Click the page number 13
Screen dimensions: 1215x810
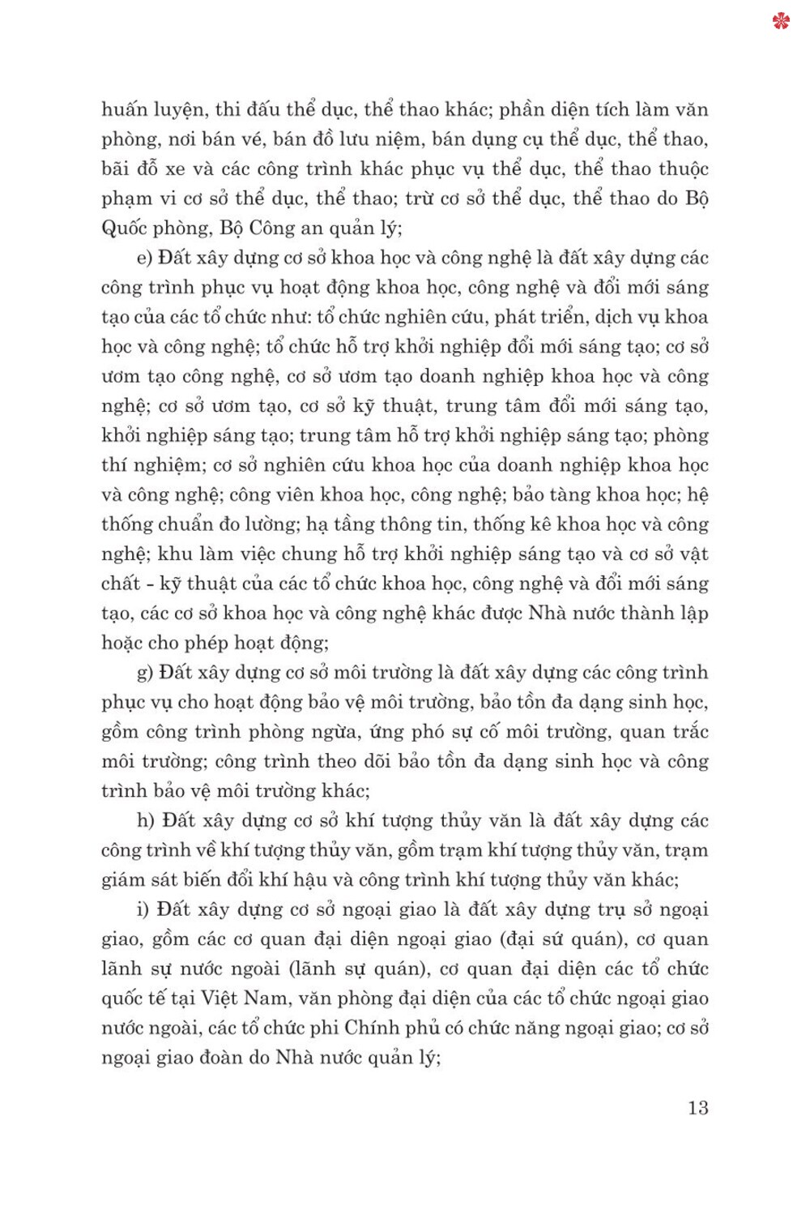(697, 1107)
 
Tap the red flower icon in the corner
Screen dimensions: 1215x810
(781, 20)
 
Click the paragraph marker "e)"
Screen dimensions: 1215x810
(145, 258)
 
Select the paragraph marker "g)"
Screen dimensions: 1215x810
(146, 673)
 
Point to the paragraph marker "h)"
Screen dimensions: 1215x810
(146, 820)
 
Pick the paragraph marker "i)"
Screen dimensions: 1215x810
(143, 909)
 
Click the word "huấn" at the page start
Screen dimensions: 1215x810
(123, 109)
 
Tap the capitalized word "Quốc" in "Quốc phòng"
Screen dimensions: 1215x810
(123, 228)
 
